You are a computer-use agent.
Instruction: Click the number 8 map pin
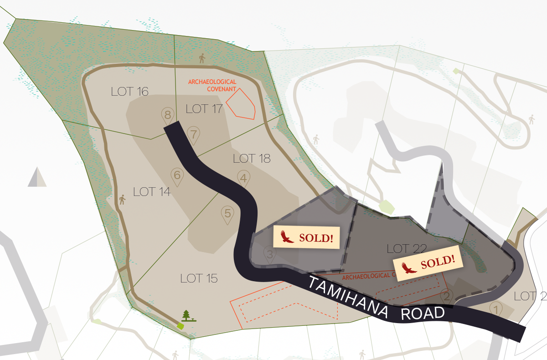click(x=168, y=115)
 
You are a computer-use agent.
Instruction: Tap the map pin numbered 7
click(x=194, y=135)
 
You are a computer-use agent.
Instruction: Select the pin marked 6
click(x=177, y=175)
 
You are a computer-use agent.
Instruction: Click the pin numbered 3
click(x=269, y=255)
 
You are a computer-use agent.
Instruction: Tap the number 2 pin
click(x=447, y=297)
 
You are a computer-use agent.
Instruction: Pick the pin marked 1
click(x=496, y=309)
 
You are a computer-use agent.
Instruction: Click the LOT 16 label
click(x=130, y=92)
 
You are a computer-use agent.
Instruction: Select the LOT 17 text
click(x=204, y=109)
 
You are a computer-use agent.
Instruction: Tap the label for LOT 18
click(x=252, y=159)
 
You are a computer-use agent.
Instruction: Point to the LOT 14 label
click(x=152, y=192)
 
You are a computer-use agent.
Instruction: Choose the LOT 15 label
click(x=199, y=278)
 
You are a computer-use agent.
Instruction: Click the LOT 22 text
click(x=406, y=249)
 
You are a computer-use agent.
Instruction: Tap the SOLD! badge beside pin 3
click(x=307, y=237)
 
